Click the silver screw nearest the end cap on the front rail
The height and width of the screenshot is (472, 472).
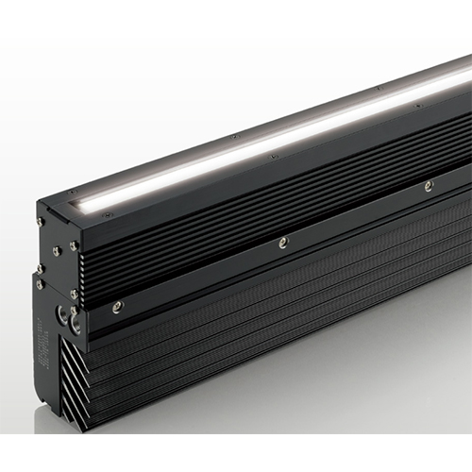(x=117, y=305)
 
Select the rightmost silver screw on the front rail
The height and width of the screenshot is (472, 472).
(x=429, y=186)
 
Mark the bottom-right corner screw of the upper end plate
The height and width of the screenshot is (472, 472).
(x=74, y=295)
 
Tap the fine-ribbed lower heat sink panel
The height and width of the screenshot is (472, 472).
(x=283, y=321)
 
